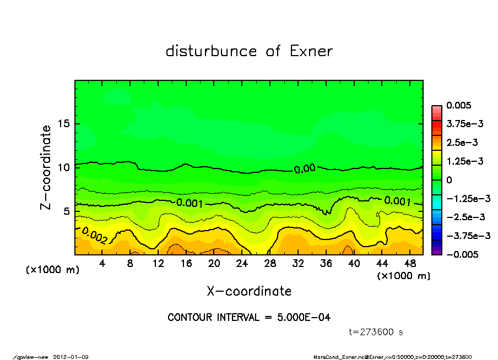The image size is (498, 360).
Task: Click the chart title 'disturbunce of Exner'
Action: (249, 51)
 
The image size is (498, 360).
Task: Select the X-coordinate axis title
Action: (249, 291)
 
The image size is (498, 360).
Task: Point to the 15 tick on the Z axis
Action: (64, 124)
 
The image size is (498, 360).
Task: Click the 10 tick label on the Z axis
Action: (64, 167)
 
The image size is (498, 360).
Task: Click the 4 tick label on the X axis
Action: (102, 264)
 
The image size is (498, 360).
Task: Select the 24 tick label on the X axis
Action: (242, 264)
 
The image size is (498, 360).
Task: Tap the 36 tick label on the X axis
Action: (326, 264)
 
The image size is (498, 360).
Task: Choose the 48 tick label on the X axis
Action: (409, 264)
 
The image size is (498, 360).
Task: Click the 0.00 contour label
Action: (305, 169)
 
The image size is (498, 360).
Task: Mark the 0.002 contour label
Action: (94, 236)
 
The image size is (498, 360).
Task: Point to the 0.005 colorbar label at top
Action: (458, 105)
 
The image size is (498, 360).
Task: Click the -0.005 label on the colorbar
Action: (461, 254)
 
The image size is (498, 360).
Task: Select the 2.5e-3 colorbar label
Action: (462, 143)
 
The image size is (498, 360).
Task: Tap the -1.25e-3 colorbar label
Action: (468, 198)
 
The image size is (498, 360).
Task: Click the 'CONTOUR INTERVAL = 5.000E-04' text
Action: (249, 318)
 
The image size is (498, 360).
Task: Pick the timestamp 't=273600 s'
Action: (377, 332)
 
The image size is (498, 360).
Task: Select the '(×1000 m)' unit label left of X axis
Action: (50, 270)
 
